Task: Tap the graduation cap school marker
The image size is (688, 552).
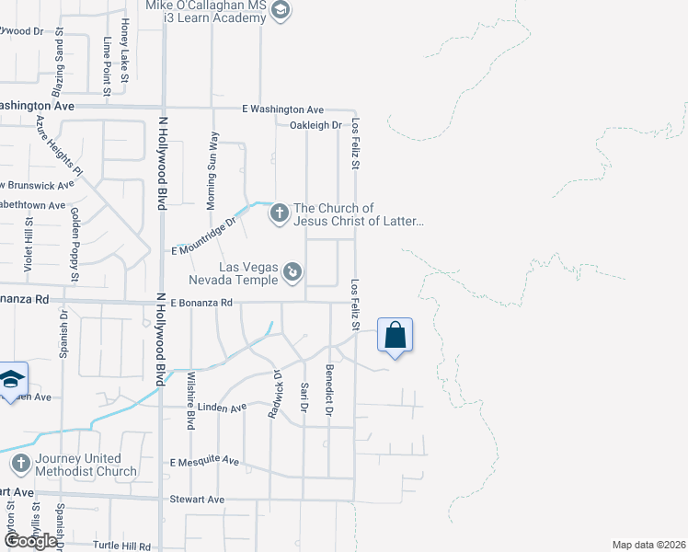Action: [11, 379]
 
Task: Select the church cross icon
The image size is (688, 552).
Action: [279, 214]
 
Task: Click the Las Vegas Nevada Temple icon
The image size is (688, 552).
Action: [292, 270]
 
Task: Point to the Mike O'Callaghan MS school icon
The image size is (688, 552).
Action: [281, 11]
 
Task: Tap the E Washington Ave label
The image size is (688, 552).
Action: [283, 109]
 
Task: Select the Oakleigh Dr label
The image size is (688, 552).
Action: [315, 125]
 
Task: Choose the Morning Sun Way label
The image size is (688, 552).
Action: [214, 158]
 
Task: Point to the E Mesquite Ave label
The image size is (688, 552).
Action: [204, 461]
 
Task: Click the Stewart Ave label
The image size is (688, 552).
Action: [197, 500]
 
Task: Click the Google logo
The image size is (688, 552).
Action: [29, 541]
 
